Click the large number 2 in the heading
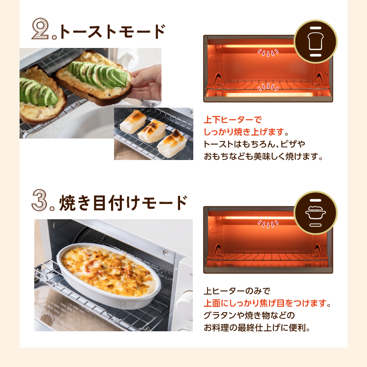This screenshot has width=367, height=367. point(40,28)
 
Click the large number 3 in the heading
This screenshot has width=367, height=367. point(40,200)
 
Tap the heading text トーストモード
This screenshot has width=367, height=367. point(113,31)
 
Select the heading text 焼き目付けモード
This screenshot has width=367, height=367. point(123,203)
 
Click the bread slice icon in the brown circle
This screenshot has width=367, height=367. point(315,42)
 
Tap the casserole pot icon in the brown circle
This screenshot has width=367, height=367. point(315,212)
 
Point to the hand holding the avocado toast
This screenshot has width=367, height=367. point(145,82)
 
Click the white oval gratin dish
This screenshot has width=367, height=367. point(109,275)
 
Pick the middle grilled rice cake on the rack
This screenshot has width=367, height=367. point(152,131)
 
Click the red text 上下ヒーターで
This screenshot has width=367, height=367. point(232,120)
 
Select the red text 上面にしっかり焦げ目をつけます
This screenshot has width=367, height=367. point(265,303)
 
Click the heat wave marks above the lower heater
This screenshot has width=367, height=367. point(268,87)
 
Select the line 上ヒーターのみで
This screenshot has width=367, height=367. point(237,291)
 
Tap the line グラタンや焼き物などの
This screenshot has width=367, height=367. point(249,315)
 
